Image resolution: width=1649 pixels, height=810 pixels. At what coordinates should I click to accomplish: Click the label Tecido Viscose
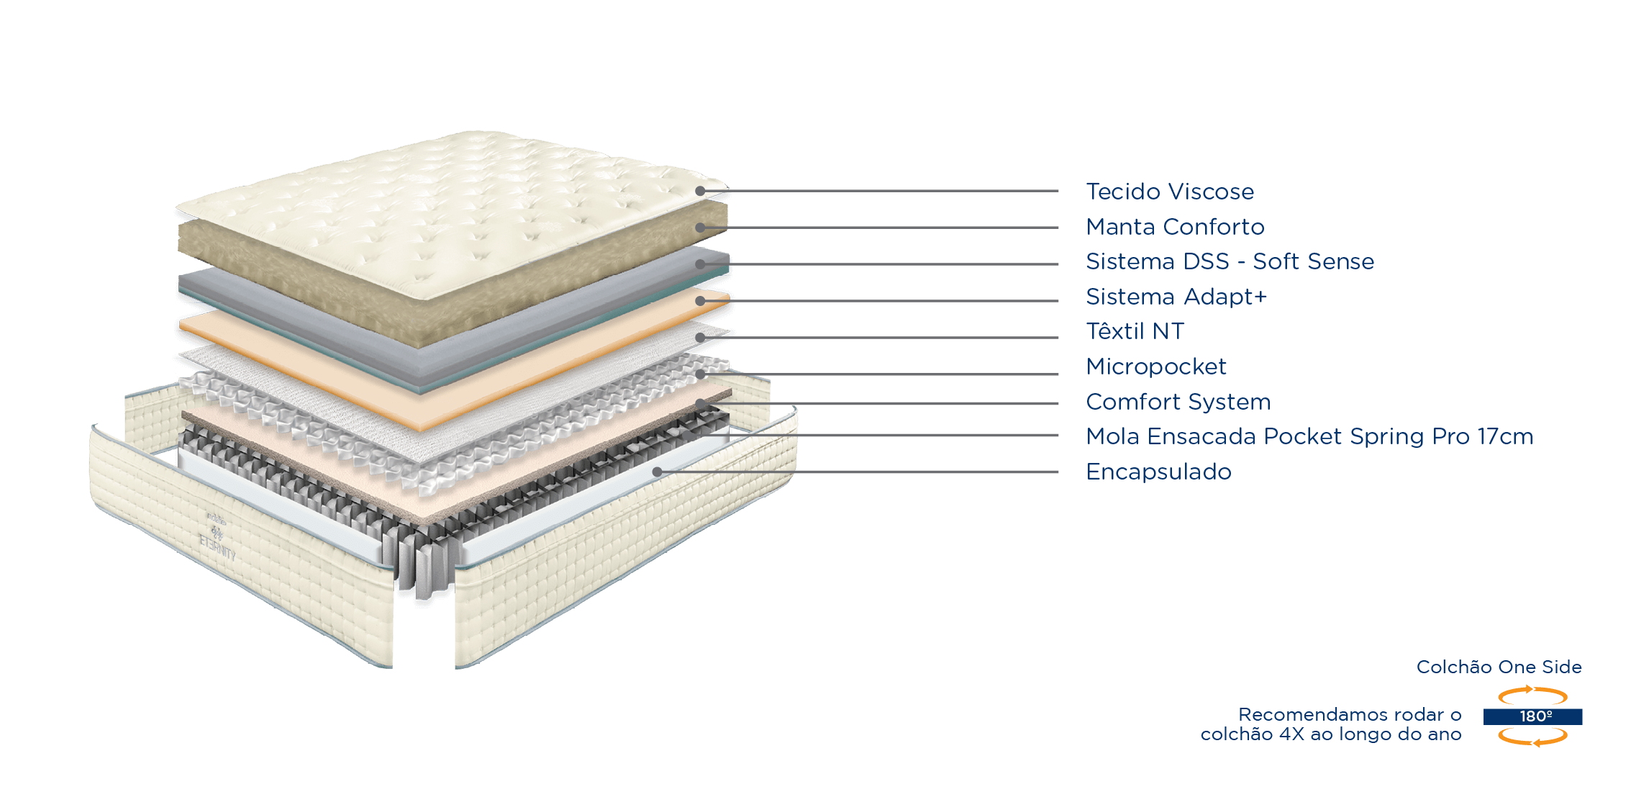(1170, 192)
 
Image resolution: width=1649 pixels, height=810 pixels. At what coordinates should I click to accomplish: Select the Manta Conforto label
(1175, 227)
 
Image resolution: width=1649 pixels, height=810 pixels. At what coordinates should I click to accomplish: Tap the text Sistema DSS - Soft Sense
(1230, 261)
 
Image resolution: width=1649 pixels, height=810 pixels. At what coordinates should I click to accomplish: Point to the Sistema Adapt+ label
(1176, 297)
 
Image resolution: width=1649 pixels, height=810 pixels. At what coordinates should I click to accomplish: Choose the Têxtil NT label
(1135, 331)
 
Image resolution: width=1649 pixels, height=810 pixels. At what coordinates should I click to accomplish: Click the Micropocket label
(1155, 366)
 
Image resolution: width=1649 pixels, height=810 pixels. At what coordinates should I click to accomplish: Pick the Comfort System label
(1178, 402)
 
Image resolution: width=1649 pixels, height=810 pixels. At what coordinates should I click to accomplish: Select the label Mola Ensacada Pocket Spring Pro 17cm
(1309, 436)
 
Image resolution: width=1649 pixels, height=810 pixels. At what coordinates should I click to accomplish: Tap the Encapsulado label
(1158, 472)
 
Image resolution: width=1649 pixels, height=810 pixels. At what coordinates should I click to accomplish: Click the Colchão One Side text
(1499, 667)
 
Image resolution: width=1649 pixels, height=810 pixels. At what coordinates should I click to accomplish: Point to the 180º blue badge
(1532, 716)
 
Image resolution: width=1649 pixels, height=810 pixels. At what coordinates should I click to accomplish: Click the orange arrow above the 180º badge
(1532, 695)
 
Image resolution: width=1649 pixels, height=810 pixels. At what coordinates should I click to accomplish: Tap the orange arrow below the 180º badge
(1532, 737)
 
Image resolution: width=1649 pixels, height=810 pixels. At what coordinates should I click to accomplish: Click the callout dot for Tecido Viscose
(700, 191)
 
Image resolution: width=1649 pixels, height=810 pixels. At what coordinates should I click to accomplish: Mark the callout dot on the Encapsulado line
(657, 472)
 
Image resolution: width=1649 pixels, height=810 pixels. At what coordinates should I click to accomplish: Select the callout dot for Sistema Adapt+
(700, 301)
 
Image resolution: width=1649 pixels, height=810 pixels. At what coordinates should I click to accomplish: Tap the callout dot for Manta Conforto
(700, 228)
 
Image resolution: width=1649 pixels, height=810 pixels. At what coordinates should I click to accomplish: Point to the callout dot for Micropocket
(700, 374)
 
